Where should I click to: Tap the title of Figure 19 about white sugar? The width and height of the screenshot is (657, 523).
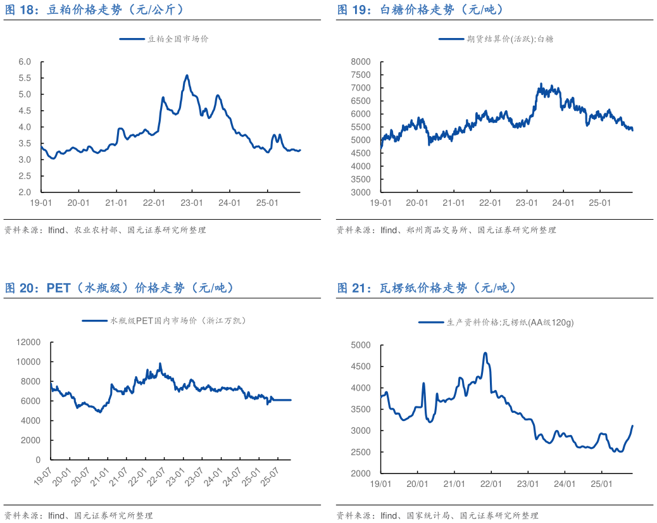click(420, 9)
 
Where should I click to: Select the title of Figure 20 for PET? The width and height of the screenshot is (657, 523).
click(120, 288)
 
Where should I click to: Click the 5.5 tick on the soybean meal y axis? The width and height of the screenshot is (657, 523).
click(25, 78)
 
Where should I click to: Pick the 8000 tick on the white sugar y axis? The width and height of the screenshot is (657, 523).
click(361, 61)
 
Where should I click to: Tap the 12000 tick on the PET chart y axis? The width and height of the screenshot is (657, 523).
click(29, 342)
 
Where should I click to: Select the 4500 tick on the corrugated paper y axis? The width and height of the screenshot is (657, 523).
click(361, 367)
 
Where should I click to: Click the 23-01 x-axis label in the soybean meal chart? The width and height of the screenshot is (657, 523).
click(192, 203)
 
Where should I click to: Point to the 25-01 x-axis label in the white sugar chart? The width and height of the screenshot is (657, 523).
click(599, 203)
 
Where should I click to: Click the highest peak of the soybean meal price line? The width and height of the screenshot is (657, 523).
click(187, 75)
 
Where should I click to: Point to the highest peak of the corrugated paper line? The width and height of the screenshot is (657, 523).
click(485, 353)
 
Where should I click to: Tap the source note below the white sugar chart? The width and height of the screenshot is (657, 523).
click(446, 230)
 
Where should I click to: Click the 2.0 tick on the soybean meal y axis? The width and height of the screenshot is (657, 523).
click(25, 192)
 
